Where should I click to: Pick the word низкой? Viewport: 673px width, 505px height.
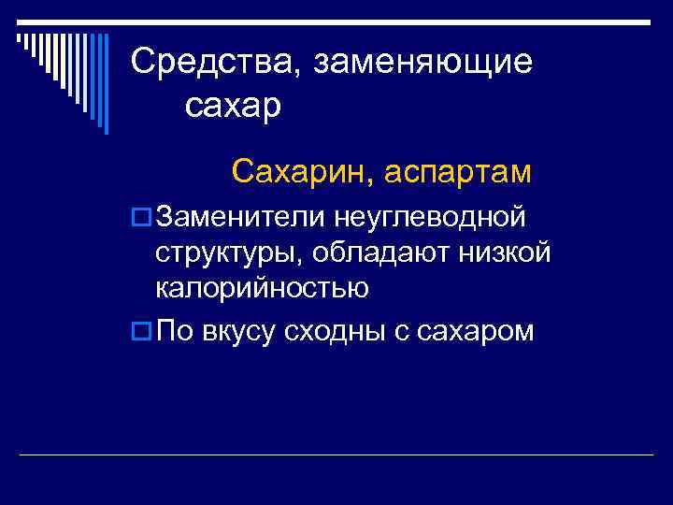[x=510, y=253]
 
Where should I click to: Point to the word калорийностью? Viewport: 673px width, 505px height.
[x=262, y=289]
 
